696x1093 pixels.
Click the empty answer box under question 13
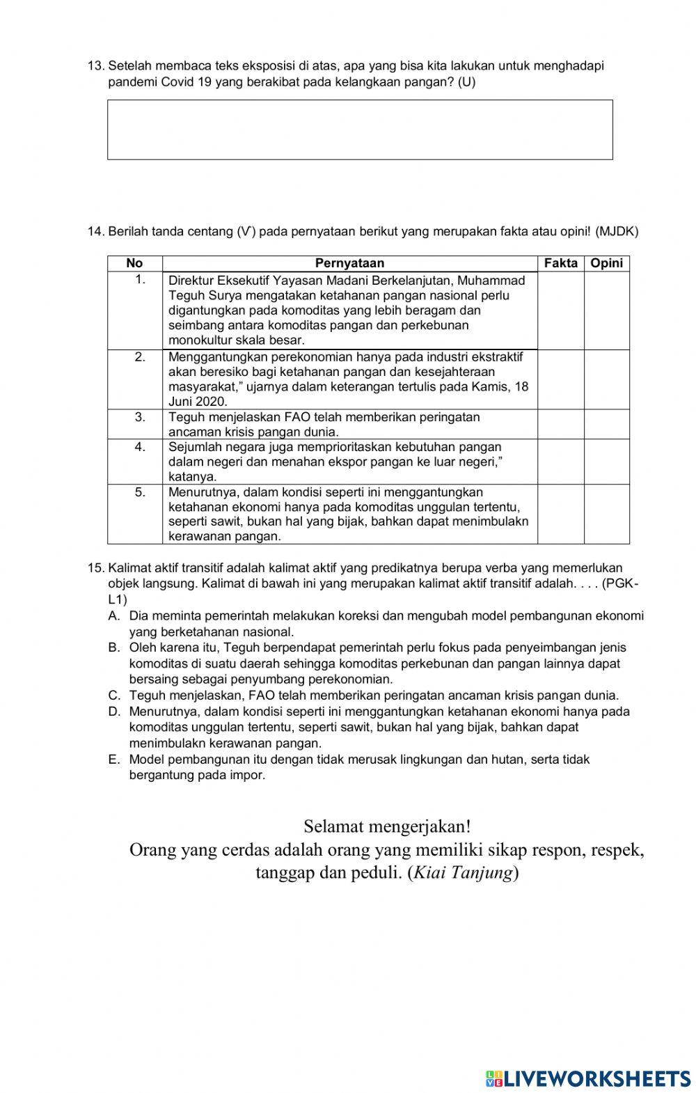(360, 129)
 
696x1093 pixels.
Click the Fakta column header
(560, 263)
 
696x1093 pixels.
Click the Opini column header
(606, 263)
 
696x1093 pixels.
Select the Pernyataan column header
(349, 263)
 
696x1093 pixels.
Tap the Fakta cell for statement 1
(560, 310)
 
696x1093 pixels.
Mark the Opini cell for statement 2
(606, 379)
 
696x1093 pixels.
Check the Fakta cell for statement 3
(560, 424)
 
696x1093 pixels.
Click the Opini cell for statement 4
(606, 461)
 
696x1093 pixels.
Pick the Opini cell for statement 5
(606, 514)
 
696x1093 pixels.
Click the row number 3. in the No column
(140, 417)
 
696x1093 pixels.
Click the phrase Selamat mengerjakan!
(387, 826)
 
